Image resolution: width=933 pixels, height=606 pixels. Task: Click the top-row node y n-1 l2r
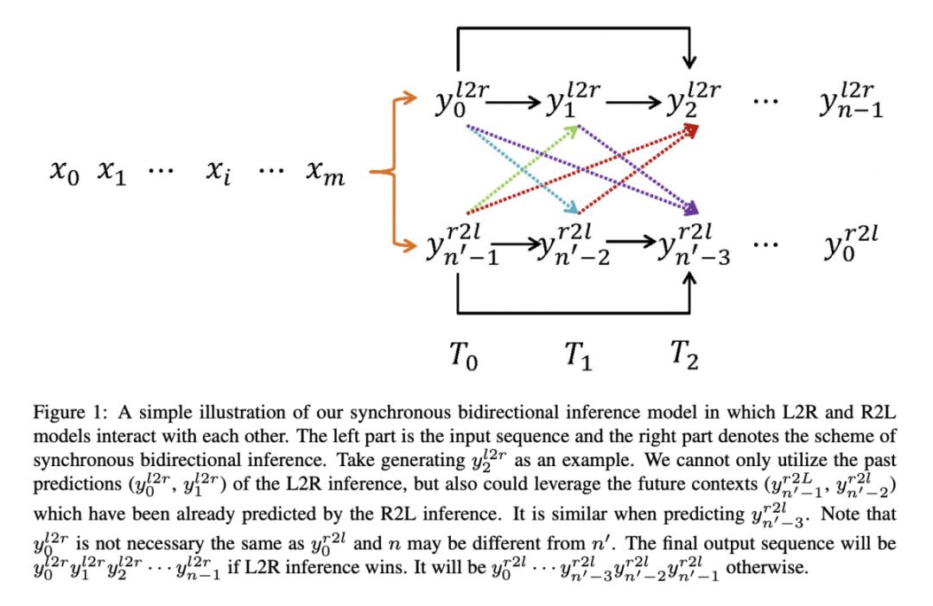pos(851,104)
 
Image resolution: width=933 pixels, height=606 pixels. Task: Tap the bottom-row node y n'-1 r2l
pos(458,246)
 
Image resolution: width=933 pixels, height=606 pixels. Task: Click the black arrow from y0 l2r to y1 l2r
pos(516,103)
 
